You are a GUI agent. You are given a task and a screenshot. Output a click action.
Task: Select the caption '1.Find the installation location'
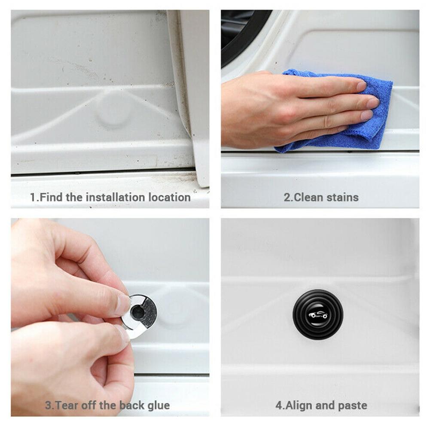[x=110, y=198]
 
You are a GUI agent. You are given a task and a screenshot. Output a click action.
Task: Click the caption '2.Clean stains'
[x=320, y=198]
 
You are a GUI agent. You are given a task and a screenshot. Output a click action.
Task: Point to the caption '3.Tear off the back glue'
[x=107, y=405]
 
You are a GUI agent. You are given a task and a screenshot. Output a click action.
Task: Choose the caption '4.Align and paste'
[x=321, y=405]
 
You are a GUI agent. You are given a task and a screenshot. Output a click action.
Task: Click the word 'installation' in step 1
[x=115, y=198]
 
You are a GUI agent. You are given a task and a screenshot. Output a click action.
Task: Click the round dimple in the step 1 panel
[x=113, y=113]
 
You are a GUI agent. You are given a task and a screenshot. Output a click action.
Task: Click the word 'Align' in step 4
[x=299, y=405]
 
